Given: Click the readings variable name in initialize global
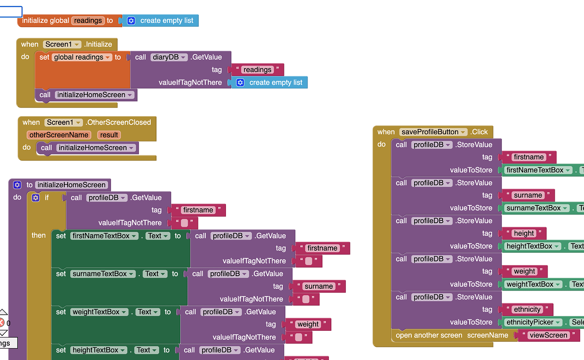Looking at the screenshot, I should point(88,20).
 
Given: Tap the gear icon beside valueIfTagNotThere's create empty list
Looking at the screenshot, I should point(240,83).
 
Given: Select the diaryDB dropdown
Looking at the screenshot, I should point(169,57).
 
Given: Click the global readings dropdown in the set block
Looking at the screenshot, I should point(82,57).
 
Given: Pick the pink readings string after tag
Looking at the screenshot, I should point(257,70).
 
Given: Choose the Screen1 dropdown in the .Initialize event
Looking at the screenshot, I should point(62,44).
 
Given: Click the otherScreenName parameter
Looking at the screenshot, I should point(59,135).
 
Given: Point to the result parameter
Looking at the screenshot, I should point(109,135).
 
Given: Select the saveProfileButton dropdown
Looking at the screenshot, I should point(433,132).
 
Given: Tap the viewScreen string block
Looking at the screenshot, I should point(548,335).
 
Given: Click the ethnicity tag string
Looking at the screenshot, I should point(527,310).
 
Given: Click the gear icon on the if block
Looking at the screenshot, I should point(36,197).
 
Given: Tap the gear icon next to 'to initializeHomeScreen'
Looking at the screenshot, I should point(17,185).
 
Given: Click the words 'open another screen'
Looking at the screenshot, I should point(429,335).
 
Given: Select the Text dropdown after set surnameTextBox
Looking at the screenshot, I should point(155,274).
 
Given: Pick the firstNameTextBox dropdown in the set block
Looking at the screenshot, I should point(104,236).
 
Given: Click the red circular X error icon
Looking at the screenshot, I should point(2,323).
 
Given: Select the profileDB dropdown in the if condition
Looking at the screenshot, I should point(107,198).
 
